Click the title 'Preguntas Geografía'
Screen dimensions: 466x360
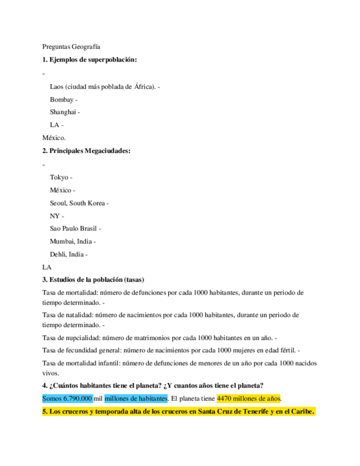coord(71,47)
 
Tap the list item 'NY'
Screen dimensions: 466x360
coord(54,216)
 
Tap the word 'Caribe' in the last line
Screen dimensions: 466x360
coord(300,412)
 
